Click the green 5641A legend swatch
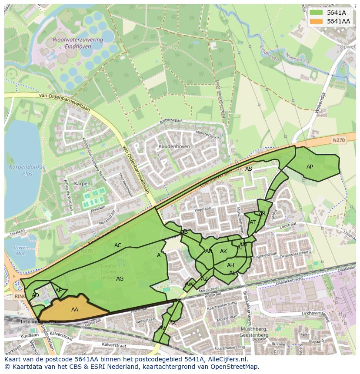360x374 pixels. click(x=316, y=13)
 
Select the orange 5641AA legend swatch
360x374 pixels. click(x=316, y=21)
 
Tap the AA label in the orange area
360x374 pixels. click(x=75, y=310)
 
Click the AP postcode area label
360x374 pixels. click(x=310, y=167)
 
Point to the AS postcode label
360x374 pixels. click(x=249, y=169)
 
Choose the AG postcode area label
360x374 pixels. click(x=120, y=279)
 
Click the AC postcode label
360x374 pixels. click(x=118, y=245)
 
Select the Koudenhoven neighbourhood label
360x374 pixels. click(x=174, y=147)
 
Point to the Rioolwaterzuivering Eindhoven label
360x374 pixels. click(x=78, y=42)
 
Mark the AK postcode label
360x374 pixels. click(x=223, y=252)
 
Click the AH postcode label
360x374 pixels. click(x=230, y=265)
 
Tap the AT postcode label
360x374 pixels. click(x=253, y=222)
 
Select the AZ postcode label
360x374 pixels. click(x=204, y=279)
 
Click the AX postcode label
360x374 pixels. click(x=173, y=323)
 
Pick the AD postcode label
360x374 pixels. click(x=36, y=295)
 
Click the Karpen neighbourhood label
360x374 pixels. click(x=82, y=184)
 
